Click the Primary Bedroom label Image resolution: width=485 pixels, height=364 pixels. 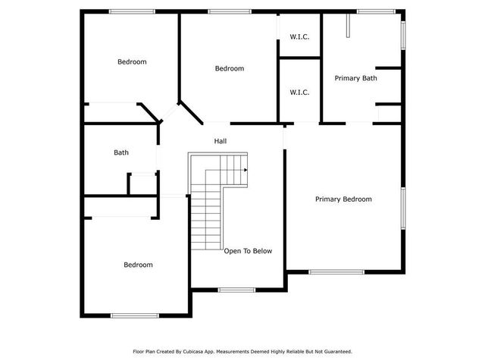[343, 199]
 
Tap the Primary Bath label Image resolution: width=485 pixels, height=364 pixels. [355, 78]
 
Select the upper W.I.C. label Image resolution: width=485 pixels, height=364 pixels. [299, 36]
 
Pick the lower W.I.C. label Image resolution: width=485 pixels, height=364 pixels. [299, 93]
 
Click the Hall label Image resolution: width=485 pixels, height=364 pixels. [221, 141]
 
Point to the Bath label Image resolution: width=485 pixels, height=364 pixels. [121, 152]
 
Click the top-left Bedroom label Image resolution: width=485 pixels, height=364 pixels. [132, 62]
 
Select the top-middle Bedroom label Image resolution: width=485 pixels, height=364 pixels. [229, 69]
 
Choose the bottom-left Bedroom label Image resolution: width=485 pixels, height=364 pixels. [138, 265]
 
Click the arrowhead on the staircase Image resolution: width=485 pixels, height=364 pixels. [246, 171]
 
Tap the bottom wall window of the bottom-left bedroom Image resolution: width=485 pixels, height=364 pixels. [134, 315]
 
